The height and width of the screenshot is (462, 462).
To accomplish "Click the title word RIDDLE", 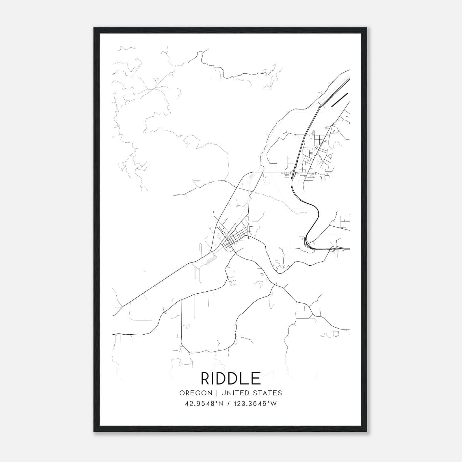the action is (x=231, y=378).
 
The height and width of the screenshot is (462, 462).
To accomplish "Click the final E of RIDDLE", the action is (x=257, y=378).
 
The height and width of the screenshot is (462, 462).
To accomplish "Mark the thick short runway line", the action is (x=340, y=100).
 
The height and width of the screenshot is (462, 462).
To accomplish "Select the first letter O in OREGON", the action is (x=182, y=393).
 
